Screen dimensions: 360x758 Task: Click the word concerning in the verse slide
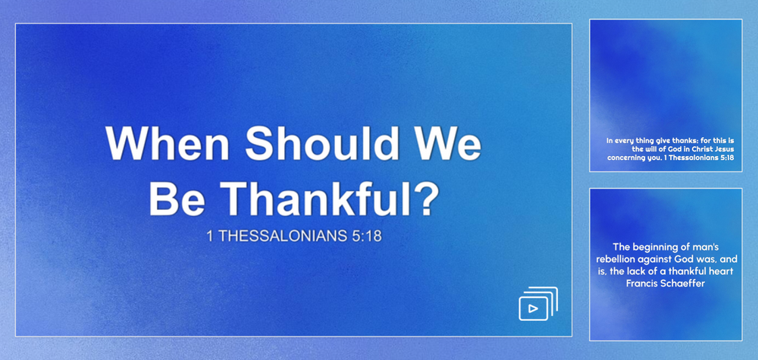pos(624,158)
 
